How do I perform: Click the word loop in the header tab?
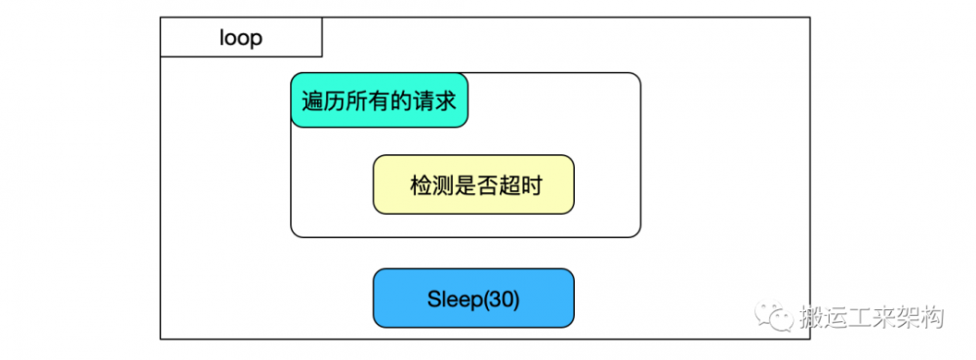[240, 39]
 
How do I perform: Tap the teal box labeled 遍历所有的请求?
[380, 100]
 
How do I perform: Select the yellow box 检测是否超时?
[473, 184]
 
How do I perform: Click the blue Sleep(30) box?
[473, 298]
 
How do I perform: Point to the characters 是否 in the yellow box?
[474, 185]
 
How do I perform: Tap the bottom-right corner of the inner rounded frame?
[639, 235]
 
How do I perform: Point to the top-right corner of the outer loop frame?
[810, 18]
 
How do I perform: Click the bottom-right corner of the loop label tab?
[321, 57]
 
